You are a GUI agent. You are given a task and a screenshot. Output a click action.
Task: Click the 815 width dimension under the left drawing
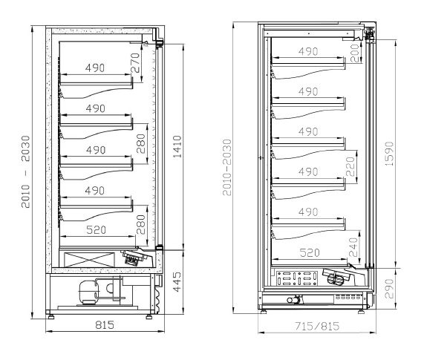105,325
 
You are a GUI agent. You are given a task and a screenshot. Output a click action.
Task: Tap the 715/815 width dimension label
317,326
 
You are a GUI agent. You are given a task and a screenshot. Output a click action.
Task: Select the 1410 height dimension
177,147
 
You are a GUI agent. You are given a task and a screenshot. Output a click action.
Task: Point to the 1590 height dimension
389,154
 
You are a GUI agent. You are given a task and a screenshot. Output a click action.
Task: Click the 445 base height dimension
177,282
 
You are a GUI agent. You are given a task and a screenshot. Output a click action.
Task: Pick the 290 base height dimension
389,289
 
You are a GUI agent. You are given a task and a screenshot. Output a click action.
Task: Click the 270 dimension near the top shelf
135,63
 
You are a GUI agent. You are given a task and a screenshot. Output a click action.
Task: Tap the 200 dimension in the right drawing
354,53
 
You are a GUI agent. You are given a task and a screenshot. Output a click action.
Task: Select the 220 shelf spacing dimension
350,167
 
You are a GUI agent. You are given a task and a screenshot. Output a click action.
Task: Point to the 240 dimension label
353,247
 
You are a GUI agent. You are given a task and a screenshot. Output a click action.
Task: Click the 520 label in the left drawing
96,229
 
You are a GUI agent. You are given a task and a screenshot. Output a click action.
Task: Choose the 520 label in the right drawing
310,252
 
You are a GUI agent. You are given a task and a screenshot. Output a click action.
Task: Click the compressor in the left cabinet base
87,291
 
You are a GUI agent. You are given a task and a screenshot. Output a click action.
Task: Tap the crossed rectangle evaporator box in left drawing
89,260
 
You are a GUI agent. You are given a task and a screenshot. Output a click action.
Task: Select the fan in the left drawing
134,257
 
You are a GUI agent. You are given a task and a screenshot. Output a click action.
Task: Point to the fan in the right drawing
336,276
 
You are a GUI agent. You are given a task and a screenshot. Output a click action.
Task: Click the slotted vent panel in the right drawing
297,278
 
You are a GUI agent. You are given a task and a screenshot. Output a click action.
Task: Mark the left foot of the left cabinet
50,316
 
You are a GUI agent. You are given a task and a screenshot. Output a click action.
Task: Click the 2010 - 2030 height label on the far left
26,171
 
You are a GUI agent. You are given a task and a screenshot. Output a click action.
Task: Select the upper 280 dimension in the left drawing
141,143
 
